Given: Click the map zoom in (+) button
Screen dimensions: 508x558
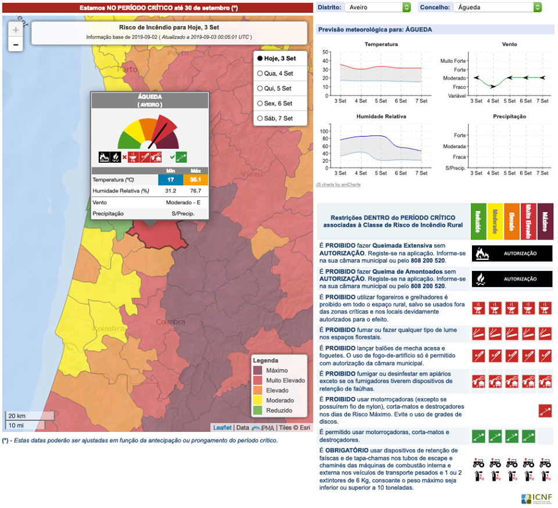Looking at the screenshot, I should coord(16,30).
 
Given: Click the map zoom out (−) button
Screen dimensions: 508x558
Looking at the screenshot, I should coord(16,44).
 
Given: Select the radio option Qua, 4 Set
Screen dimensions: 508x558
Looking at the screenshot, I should coord(260,73).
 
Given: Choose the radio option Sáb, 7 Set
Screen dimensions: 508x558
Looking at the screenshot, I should coord(260,119).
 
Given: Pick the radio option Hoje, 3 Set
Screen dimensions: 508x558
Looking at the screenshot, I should coord(260,58).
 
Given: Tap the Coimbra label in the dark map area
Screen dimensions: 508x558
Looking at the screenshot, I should coord(170,321).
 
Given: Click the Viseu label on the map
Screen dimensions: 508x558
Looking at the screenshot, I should coord(252,174).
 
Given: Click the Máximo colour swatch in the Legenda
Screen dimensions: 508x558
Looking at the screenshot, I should coord(257,370).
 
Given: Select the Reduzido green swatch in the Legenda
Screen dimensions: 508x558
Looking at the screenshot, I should coord(257,410).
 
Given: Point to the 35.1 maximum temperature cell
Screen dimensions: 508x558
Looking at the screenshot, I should coord(195,180).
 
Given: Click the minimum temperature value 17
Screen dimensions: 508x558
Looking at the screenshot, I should coord(171,180).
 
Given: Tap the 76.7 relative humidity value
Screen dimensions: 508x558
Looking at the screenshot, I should coord(195,191).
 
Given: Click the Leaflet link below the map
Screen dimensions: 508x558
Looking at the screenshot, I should coord(222,428).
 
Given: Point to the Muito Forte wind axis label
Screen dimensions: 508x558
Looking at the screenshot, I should coord(453,60).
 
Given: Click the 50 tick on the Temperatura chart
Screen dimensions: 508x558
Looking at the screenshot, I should coord(326,52).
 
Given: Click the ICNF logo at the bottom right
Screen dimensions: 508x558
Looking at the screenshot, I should coord(537,498).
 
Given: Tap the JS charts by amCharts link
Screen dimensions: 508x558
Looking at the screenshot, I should coord(338,184).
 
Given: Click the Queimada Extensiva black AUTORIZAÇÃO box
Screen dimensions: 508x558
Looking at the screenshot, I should coord(512,253).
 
